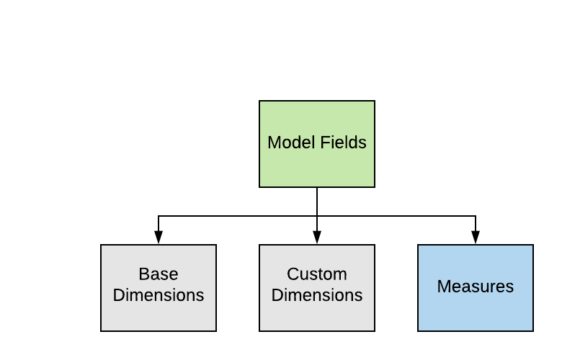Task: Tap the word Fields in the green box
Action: click(343, 143)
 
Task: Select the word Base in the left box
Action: click(159, 274)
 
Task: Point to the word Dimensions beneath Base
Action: click(159, 295)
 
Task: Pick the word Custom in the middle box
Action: click(317, 274)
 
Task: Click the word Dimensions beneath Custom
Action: click(317, 295)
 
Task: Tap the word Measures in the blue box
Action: click(476, 287)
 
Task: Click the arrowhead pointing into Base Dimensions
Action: click(159, 238)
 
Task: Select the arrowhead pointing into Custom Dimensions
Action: click(317, 238)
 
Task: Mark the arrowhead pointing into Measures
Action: click(476, 238)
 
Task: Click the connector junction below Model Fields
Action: click(317, 216)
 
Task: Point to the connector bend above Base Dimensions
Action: click(159, 216)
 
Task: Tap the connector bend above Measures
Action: click(476, 216)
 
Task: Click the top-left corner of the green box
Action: click(259, 101)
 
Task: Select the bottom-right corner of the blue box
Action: click(533, 331)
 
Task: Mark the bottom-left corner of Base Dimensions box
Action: click(101, 331)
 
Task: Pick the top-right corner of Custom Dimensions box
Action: click(375, 245)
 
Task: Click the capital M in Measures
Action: click(443, 287)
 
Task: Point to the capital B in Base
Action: click(143, 274)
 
